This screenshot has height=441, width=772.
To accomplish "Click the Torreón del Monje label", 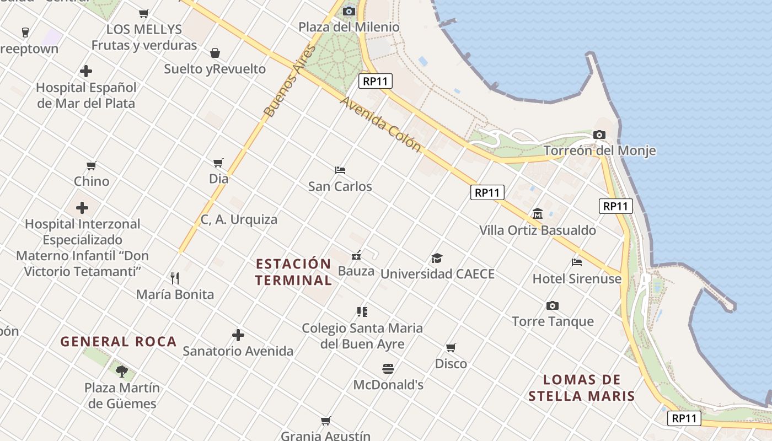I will [x=599, y=150].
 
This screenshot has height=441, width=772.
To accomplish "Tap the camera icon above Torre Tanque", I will [x=553, y=305].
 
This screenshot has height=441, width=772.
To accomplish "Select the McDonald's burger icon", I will [x=388, y=368].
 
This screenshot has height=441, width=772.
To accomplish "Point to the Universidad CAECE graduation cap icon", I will [x=437, y=258].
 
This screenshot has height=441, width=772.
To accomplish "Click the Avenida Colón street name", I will [x=380, y=125].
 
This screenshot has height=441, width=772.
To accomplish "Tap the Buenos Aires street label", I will [x=290, y=80].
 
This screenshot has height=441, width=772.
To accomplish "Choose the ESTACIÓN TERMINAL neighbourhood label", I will [x=293, y=272].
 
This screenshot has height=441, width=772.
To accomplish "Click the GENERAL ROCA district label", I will [x=119, y=342].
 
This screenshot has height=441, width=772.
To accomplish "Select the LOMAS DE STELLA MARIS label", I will [x=582, y=388].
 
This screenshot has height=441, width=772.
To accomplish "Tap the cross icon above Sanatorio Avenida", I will [x=238, y=335].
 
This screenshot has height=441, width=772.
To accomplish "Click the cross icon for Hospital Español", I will [x=86, y=71].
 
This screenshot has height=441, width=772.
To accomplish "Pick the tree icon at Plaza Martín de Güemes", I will [x=122, y=371].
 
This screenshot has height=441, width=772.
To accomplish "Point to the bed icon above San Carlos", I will [x=340, y=170].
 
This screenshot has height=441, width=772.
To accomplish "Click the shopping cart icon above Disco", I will [x=451, y=348].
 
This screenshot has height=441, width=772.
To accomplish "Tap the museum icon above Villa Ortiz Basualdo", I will [x=538, y=214].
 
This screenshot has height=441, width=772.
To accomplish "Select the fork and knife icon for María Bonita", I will [x=175, y=278].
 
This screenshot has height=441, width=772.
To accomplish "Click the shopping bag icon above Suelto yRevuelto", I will [x=215, y=53].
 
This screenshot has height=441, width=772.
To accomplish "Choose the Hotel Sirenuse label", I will [x=577, y=279].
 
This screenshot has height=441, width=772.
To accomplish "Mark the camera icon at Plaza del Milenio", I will [x=349, y=11].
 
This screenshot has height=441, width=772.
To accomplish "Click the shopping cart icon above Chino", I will [x=92, y=165].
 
